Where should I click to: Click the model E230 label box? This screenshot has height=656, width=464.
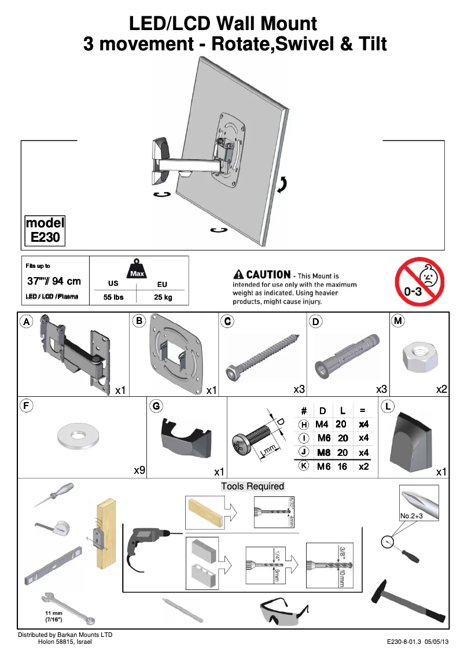(x=45, y=230)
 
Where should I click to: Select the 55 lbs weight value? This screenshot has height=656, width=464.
(x=113, y=297)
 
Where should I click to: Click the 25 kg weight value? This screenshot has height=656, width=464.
(x=163, y=297)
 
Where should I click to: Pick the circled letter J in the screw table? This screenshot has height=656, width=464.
(x=304, y=452)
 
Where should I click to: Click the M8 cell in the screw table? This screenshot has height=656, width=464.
(x=324, y=452)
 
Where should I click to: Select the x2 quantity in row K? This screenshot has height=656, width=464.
(x=363, y=466)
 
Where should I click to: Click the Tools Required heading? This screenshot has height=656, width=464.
(x=253, y=486)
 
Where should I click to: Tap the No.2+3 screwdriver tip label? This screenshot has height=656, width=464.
(x=412, y=515)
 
